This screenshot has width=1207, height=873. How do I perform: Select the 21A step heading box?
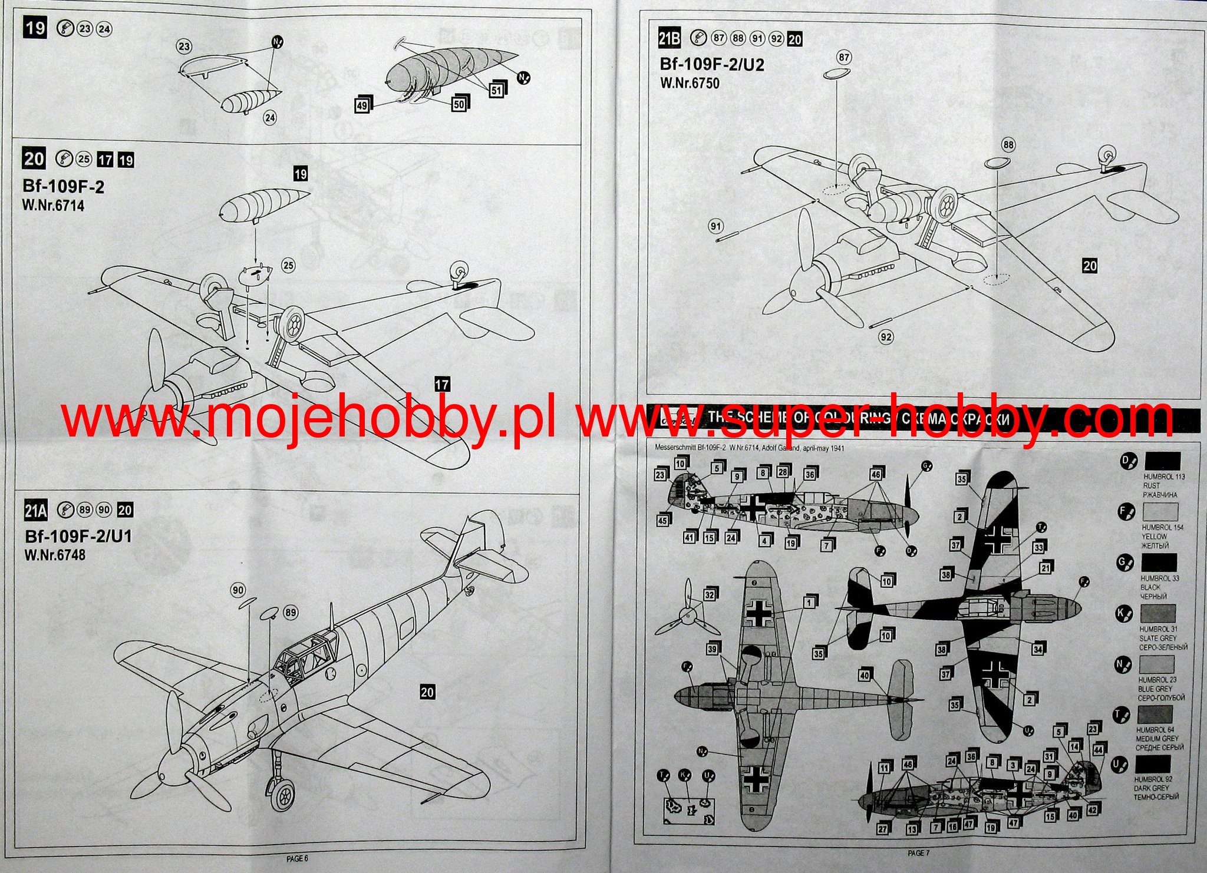(35, 510)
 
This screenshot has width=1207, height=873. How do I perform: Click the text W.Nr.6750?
(690, 83)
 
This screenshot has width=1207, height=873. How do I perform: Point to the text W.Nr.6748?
(55, 555)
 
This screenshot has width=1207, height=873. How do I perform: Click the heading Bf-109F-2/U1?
(78, 536)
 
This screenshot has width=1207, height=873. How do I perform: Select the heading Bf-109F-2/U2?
(712, 64)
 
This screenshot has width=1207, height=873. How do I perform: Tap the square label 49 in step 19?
(362, 106)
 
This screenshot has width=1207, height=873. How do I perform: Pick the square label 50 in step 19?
(459, 104)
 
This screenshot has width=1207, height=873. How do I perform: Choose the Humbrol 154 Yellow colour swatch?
(1160, 511)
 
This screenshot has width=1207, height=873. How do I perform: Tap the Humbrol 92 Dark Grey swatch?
(1153, 764)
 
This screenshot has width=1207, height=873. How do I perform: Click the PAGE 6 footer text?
(298, 859)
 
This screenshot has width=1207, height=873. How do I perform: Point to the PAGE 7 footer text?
(918, 852)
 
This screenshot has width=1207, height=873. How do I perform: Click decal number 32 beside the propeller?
(710, 595)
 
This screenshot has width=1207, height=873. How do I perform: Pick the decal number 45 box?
(663, 520)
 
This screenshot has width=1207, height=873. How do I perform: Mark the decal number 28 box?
(783, 472)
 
